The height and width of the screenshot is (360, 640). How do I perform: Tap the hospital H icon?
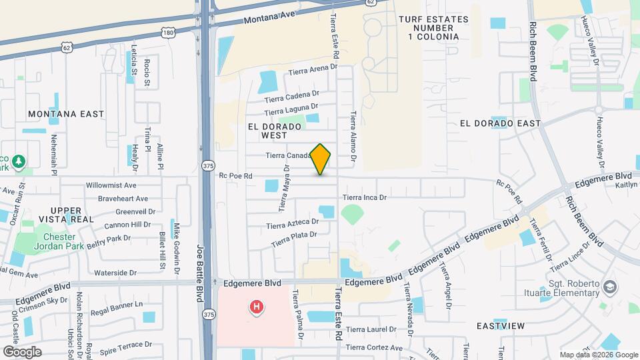255,307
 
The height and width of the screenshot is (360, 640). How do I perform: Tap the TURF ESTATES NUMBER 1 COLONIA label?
429,27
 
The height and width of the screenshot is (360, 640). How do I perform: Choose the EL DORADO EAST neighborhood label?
500,123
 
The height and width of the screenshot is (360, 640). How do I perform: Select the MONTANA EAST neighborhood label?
67,114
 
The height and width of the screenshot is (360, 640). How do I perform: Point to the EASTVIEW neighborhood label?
501,326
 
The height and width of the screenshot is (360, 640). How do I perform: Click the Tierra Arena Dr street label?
313,69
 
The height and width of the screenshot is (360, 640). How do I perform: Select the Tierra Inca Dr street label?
364,197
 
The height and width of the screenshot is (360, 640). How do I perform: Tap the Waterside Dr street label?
115,273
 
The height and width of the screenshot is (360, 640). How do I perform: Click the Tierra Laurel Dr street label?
371,329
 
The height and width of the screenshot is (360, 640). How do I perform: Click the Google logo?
22,351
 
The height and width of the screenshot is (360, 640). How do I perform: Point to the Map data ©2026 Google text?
598,355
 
